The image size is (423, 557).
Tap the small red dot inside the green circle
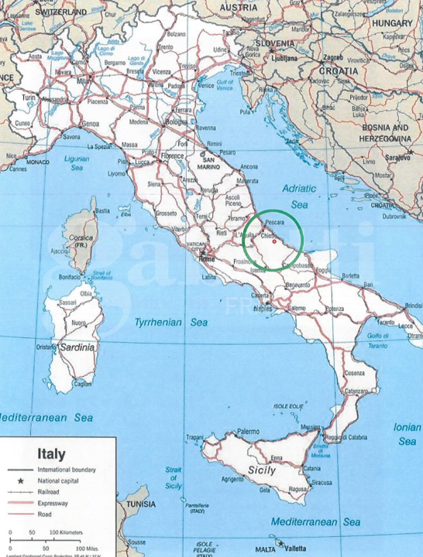274,241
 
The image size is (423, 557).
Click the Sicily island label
261,470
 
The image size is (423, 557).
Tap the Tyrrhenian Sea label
160,321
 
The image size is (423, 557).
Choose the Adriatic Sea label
300,196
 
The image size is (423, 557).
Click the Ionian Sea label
407,433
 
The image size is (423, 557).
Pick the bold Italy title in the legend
46,454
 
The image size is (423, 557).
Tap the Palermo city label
248,431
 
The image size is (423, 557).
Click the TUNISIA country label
141,504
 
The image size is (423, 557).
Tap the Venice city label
206,86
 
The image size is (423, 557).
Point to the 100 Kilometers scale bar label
66,532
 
